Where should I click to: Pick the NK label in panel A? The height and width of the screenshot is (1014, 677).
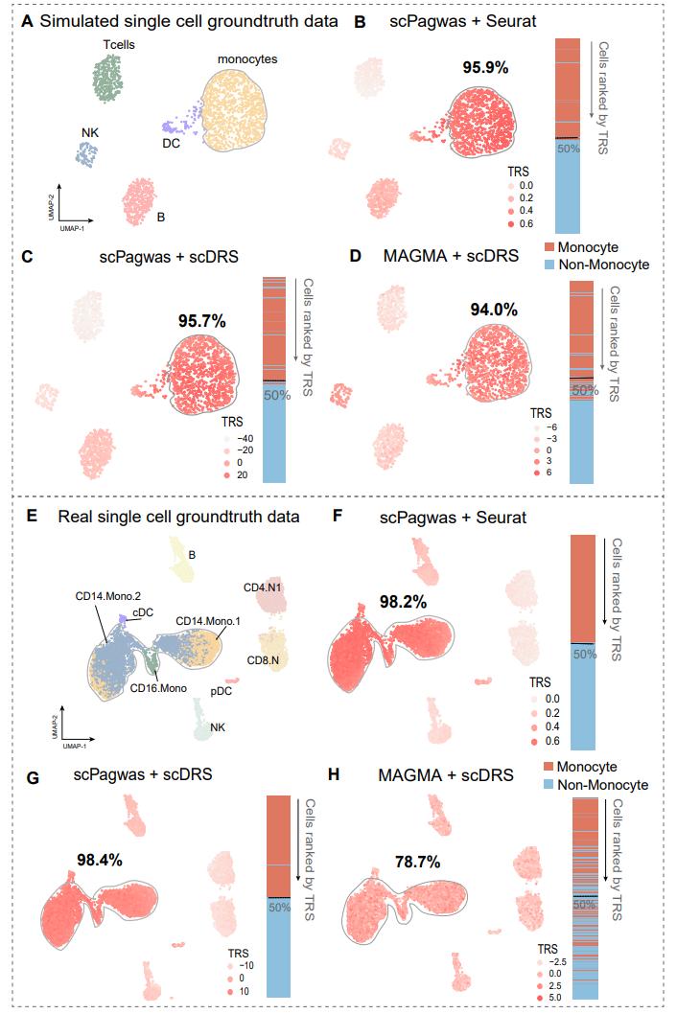89,134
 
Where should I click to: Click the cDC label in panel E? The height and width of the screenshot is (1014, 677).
143,611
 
